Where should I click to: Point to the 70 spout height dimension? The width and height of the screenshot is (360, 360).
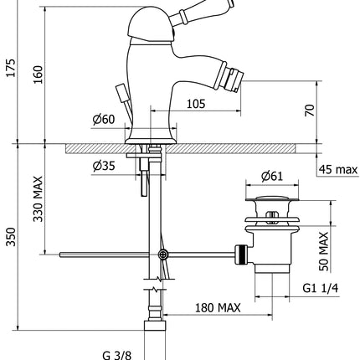point(311,110)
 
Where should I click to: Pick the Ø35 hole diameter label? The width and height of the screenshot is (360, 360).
point(105,164)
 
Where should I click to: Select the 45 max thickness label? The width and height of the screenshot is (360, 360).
point(338,171)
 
